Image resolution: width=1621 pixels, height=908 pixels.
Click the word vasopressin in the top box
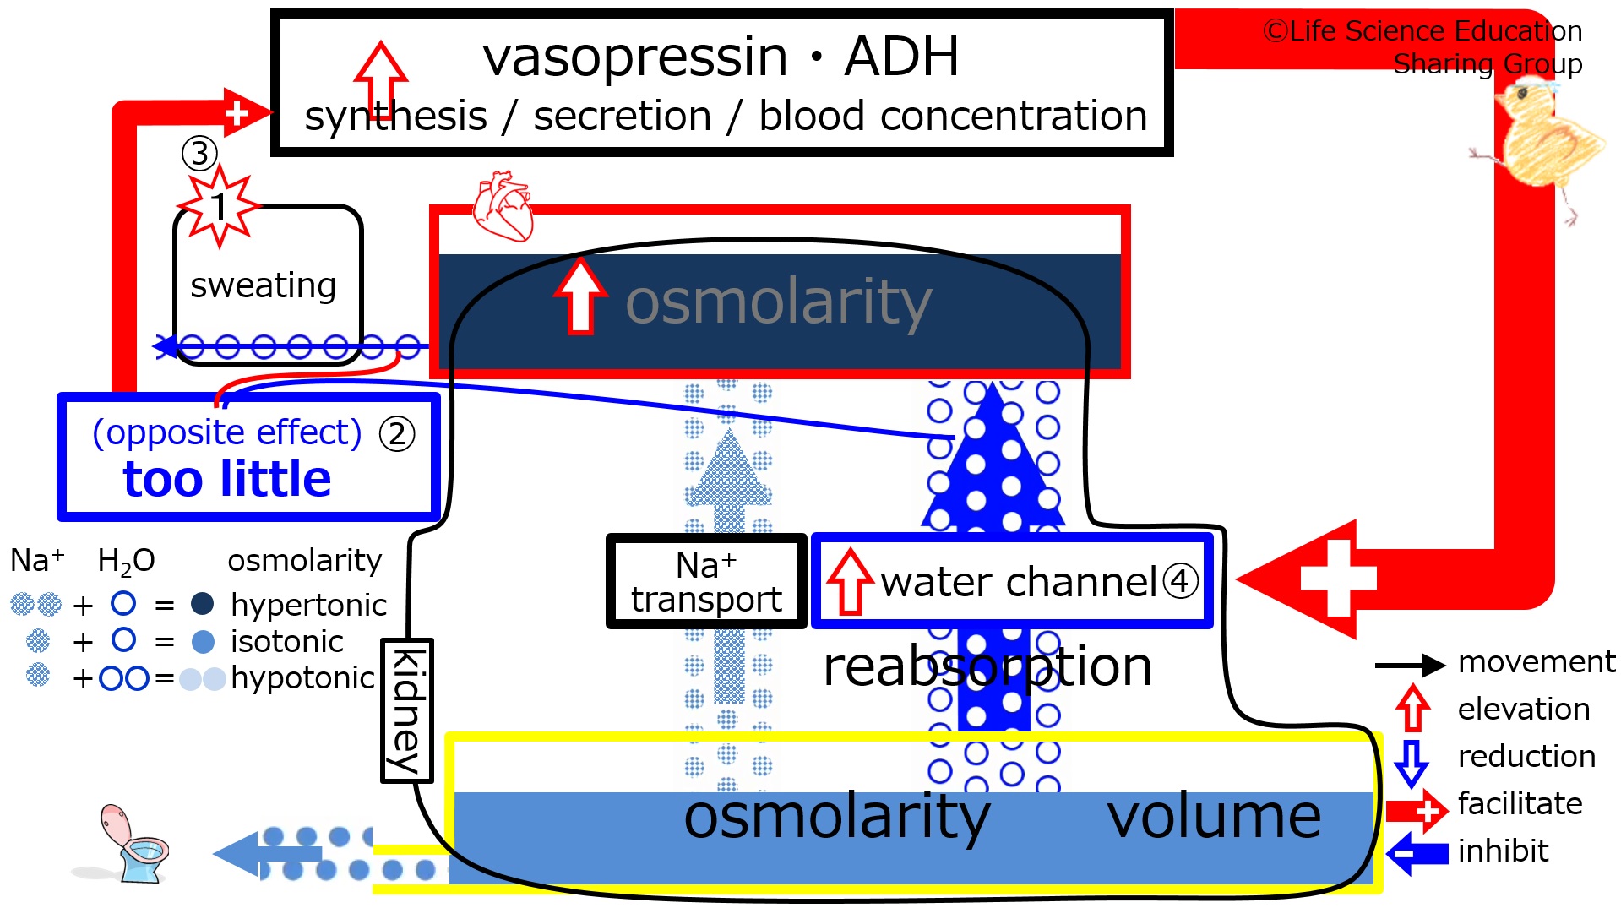tap(634, 57)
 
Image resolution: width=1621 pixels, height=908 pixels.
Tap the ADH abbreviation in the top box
tap(901, 57)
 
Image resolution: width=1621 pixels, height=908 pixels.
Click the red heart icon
tap(503, 206)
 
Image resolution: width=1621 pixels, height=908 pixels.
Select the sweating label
tap(263, 285)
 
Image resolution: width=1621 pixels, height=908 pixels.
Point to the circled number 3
tap(199, 154)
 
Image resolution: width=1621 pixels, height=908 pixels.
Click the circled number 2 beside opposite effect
tap(397, 434)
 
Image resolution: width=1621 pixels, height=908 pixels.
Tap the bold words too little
tap(227, 479)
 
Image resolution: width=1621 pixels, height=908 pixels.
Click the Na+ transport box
tap(706, 581)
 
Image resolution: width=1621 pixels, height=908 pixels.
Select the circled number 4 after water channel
tap(1180, 581)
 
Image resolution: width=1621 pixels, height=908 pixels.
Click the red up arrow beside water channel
tap(850, 581)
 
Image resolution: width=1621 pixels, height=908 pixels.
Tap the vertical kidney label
tap(407, 710)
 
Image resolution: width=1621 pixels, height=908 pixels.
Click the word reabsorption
tap(987, 666)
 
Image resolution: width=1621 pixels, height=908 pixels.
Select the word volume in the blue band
tap(1214, 817)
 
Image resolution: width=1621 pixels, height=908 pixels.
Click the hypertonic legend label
tap(308, 606)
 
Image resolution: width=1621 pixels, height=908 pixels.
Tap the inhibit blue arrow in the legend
tap(1417, 853)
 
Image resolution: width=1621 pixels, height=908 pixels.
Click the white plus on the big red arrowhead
tap(1339, 579)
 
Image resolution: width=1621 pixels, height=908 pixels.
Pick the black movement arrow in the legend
tap(1411, 666)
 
